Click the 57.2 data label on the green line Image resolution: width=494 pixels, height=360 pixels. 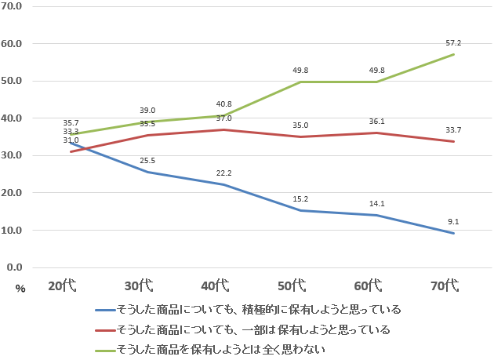click(x=453, y=43)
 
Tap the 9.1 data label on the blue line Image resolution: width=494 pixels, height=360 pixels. click(x=453, y=222)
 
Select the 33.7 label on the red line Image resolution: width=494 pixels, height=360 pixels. click(x=453, y=130)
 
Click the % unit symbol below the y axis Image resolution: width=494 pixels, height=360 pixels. click(x=20, y=289)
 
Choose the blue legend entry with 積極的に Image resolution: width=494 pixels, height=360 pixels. click(x=258, y=309)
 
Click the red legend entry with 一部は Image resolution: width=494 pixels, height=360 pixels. click(x=252, y=329)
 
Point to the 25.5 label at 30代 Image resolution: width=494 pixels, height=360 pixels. click(x=147, y=161)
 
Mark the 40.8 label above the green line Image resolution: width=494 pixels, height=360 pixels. click(x=223, y=104)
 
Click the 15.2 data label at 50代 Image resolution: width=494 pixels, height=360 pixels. click(x=300, y=199)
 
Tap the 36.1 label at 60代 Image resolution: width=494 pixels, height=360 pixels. click(x=376, y=122)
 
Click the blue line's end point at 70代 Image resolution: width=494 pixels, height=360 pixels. click(x=453, y=233)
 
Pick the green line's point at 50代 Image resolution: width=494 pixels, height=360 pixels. click(x=300, y=82)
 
